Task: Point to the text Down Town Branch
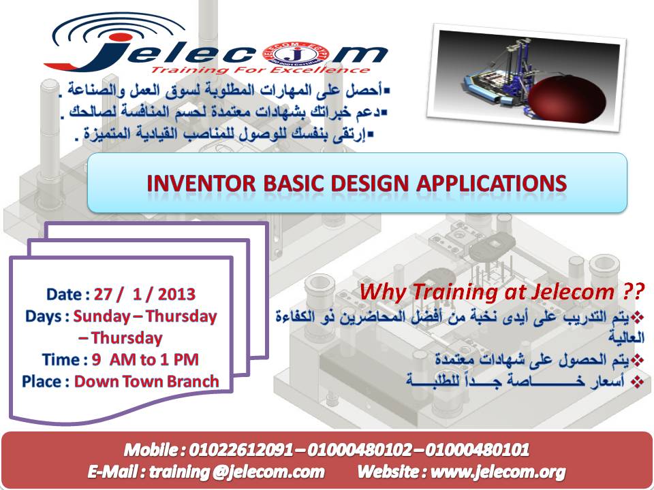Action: [x=146, y=381]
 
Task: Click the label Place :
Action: [x=46, y=381]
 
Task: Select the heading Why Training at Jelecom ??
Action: [x=502, y=292]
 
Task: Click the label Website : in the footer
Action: [x=390, y=471]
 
